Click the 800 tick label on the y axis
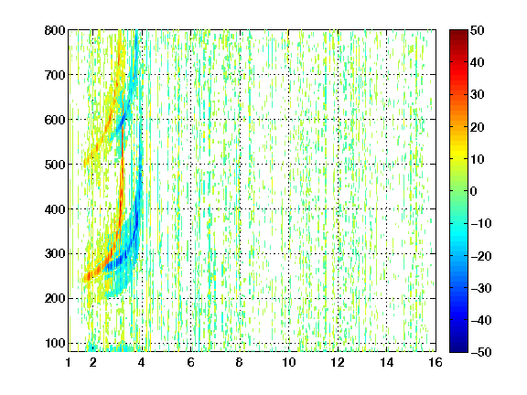pyautogui.click(x=55, y=30)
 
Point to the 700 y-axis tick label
pyautogui.click(x=55, y=75)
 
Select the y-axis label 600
pyautogui.click(x=55, y=120)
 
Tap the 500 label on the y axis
pyautogui.click(x=55, y=165)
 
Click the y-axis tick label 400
pyautogui.click(x=55, y=209)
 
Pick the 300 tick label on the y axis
pyautogui.click(x=55, y=253)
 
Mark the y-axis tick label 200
pyautogui.click(x=55, y=298)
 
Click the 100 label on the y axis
pyautogui.click(x=55, y=343)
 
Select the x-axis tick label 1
pyautogui.click(x=69, y=362)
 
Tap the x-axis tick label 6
pyautogui.click(x=190, y=362)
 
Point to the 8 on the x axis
pyautogui.click(x=240, y=362)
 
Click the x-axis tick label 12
pyautogui.click(x=338, y=362)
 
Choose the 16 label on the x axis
pyautogui.click(x=436, y=362)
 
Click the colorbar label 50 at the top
pyautogui.click(x=477, y=30)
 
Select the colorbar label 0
pyautogui.click(x=474, y=191)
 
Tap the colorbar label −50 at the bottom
pyautogui.click(x=481, y=352)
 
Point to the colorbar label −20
pyautogui.click(x=481, y=256)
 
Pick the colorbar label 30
pyautogui.click(x=477, y=94)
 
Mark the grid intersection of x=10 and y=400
pyautogui.click(x=288, y=208)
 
